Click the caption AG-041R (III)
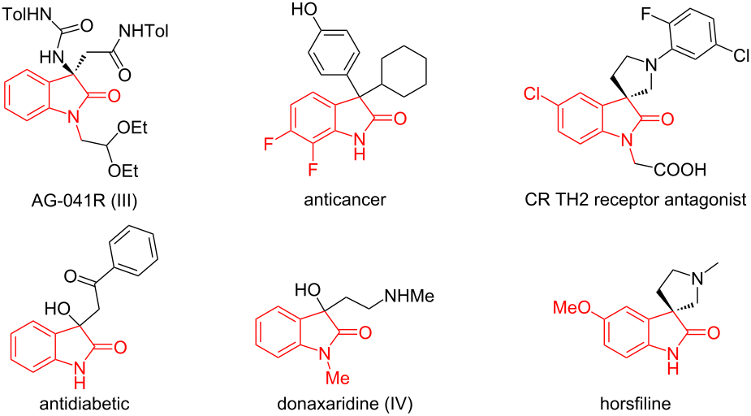point(84,200)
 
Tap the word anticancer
point(345,199)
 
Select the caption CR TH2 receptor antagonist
point(635,199)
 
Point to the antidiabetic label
point(84,404)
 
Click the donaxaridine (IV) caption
point(345,404)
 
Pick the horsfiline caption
point(635,404)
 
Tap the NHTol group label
point(145,32)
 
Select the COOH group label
point(680,170)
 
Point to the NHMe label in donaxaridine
point(408,296)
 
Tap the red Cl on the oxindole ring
point(532,94)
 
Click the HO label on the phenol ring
point(304,9)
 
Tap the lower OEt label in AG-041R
point(123,170)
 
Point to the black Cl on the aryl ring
point(741,55)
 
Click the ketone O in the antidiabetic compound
point(71,276)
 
